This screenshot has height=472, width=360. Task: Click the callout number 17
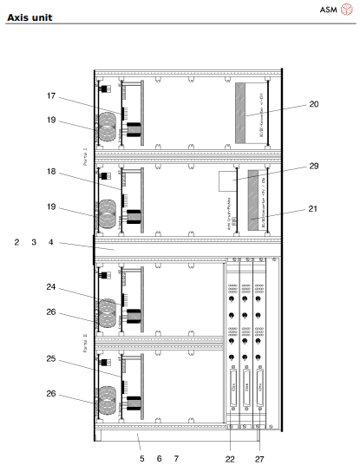pyautogui.click(x=51, y=95)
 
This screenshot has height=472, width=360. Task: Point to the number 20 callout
pyautogui.click(x=313, y=104)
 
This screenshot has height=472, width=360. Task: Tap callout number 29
pyautogui.click(x=314, y=166)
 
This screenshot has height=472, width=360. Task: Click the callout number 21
pyautogui.click(x=313, y=208)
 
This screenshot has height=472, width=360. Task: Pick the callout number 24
pyautogui.click(x=51, y=286)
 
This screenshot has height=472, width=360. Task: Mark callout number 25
pyautogui.click(x=51, y=358)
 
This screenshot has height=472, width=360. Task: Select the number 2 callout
pyautogui.click(x=16, y=243)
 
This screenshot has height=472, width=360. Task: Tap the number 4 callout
pyautogui.click(x=51, y=243)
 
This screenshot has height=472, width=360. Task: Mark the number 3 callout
pyautogui.click(x=34, y=243)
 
